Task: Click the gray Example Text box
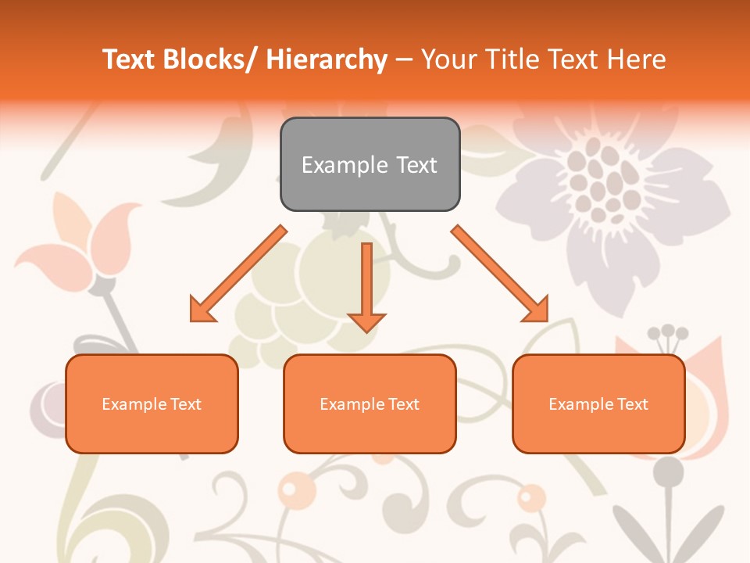370,164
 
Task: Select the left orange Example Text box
152,403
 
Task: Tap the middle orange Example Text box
370,403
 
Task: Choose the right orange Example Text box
598,403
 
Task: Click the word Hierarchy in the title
327,59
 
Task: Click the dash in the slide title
404,60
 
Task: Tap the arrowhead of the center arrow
366,321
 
